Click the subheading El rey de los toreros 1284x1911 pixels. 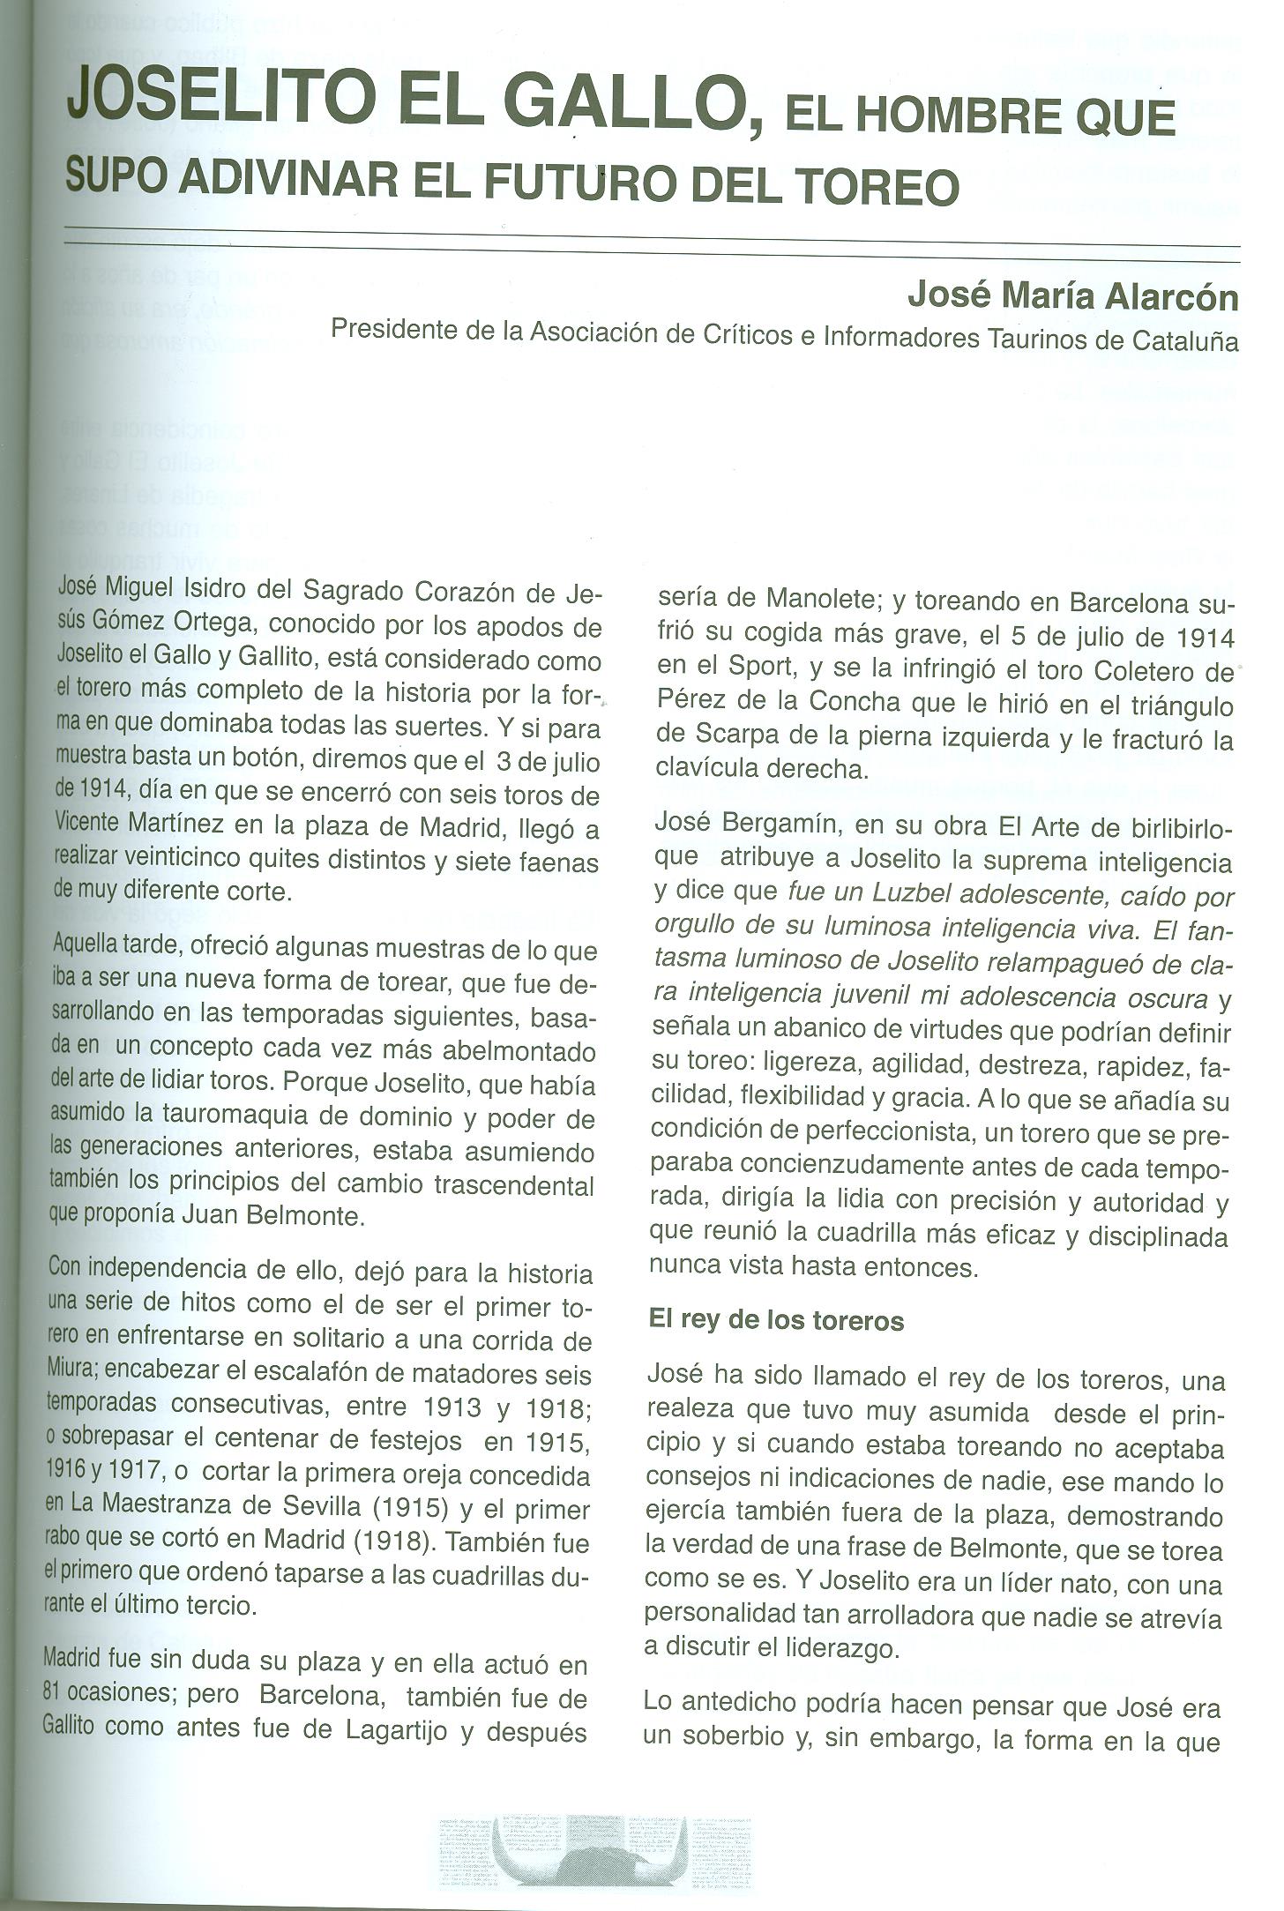tap(777, 1321)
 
